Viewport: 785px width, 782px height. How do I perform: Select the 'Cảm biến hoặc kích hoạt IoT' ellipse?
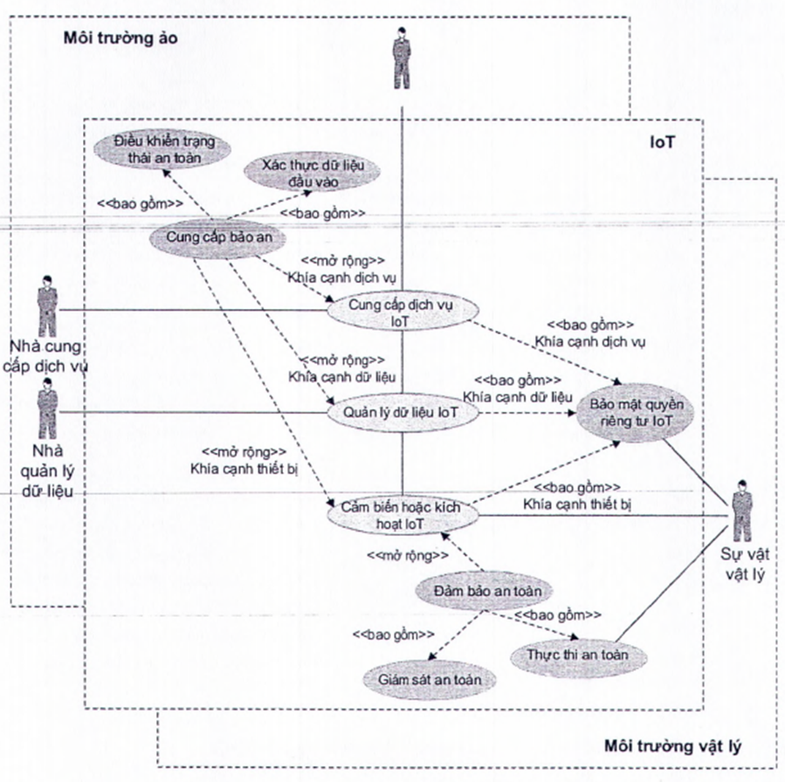point(402,515)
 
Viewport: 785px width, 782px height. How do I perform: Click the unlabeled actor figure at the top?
point(402,58)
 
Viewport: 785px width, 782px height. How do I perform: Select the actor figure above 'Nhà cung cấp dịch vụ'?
point(44,301)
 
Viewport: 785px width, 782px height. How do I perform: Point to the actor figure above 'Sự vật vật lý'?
point(741,509)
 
